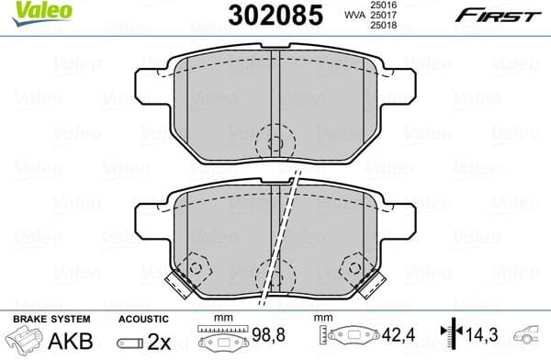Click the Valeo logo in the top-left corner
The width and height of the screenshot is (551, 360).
pos(31,11)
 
